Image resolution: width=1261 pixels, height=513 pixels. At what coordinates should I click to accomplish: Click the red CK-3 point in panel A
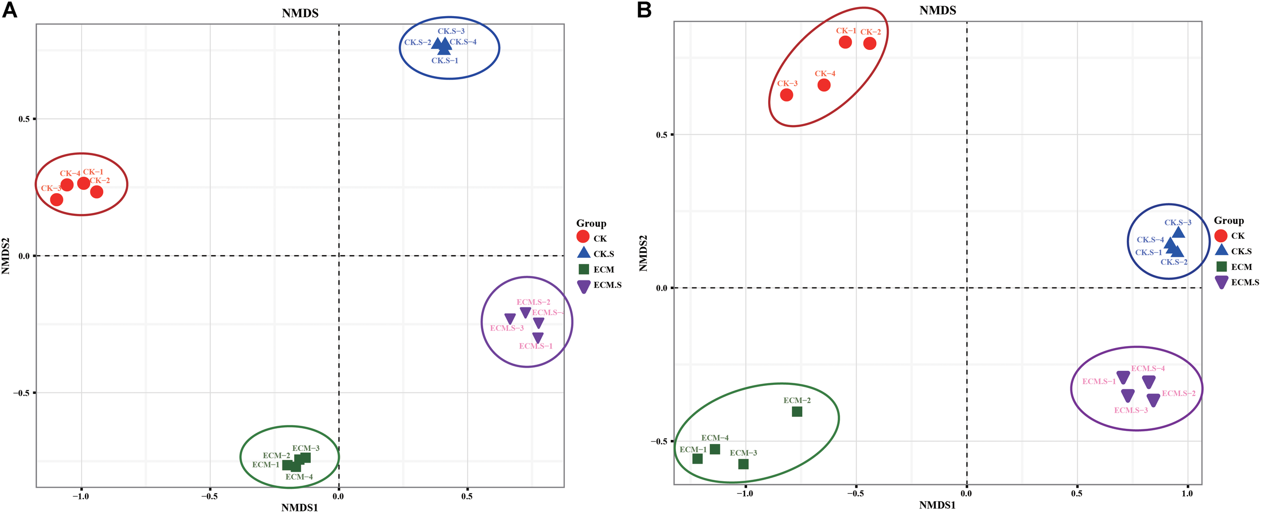(57, 199)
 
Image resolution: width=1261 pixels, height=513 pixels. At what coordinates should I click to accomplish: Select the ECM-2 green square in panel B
(797, 412)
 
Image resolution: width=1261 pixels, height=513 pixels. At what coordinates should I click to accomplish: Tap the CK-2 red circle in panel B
(870, 43)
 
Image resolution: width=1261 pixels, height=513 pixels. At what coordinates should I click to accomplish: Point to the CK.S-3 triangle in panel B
(1178, 233)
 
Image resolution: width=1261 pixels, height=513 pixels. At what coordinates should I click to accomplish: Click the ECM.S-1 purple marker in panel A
(538, 337)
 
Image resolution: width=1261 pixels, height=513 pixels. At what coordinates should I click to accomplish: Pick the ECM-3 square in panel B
(743, 464)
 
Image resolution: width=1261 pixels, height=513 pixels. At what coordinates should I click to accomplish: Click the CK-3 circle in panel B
(787, 95)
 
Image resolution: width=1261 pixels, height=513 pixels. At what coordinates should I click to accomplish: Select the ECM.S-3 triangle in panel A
(510, 318)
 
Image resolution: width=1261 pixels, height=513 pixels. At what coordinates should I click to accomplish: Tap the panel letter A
(10, 10)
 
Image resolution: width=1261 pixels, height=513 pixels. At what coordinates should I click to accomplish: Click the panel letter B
(644, 10)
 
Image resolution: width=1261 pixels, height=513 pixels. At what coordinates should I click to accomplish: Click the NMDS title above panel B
(938, 10)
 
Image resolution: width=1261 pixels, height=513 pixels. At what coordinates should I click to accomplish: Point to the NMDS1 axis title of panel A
(300, 507)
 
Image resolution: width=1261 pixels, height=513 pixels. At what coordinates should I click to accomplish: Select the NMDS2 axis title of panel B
(643, 253)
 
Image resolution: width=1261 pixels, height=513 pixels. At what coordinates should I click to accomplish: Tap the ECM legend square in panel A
(584, 269)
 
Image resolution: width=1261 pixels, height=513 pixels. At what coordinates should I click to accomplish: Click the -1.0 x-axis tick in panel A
(81, 496)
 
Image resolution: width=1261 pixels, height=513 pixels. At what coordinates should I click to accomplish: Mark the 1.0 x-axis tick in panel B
(1187, 493)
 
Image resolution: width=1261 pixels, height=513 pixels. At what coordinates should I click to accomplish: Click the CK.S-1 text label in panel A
(445, 61)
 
